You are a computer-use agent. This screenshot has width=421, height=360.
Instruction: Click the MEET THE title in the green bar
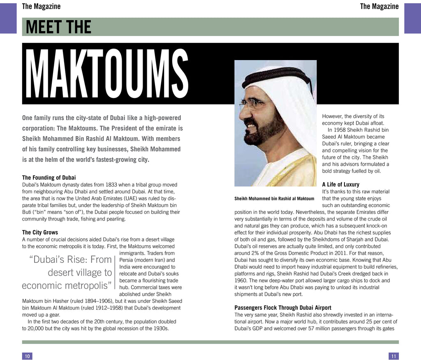click(58, 27)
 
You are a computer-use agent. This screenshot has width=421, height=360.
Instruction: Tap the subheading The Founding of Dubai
click(49, 178)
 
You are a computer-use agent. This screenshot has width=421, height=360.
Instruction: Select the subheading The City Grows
click(40, 232)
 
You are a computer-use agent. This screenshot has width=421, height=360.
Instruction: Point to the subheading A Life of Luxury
click(340, 184)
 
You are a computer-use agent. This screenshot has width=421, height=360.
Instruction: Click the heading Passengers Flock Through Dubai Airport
click(283, 308)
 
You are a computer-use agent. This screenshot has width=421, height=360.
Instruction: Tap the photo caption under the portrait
click(274, 199)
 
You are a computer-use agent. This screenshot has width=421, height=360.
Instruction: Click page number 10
click(27, 356)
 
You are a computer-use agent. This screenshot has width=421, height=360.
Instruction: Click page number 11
click(393, 356)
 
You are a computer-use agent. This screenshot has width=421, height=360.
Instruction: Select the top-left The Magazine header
click(41, 6)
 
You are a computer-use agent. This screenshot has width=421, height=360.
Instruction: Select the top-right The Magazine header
click(379, 6)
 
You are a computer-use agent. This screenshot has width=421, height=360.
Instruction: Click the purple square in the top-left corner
click(8, 18)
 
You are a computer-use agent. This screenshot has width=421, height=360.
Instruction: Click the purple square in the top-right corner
click(412, 18)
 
